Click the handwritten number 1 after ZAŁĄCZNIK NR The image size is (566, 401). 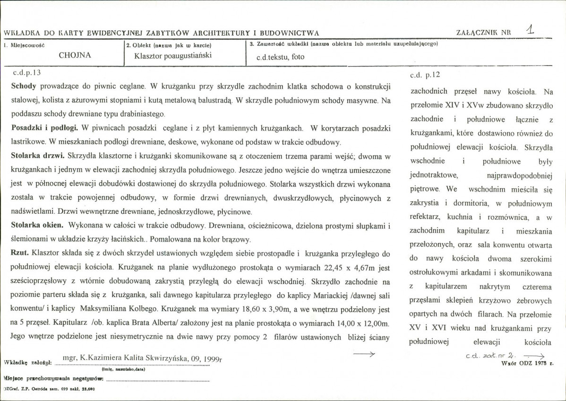tap(531, 30)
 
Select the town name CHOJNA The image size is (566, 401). tap(75, 55)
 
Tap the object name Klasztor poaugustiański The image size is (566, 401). tap(172, 55)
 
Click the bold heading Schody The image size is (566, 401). tap(23, 87)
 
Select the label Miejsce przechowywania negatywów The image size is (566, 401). tap(53, 379)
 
